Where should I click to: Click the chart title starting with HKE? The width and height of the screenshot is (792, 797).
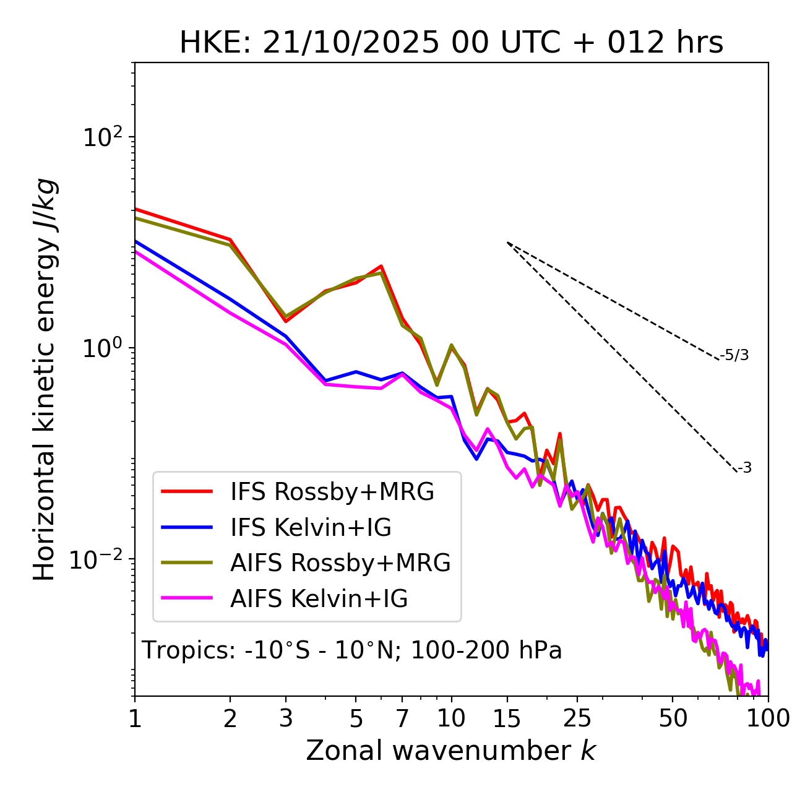[451, 43]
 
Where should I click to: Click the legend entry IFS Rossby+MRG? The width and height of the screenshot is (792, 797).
[332, 492]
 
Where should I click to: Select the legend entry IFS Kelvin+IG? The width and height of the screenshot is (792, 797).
[311, 528]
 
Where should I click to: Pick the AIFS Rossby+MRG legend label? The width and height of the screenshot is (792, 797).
[340, 563]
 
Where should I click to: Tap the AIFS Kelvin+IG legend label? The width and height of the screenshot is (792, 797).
[319, 599]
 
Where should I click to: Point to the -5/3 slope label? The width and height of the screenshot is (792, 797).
[734, 355]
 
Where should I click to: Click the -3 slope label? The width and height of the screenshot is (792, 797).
[744, 468]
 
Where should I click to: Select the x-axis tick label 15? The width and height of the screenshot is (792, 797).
[507, 718]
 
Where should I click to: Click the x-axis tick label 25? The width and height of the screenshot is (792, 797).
[577, 718]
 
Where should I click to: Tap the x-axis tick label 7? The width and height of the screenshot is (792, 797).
[402, 718]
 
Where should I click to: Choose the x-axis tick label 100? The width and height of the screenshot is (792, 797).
[768, 718]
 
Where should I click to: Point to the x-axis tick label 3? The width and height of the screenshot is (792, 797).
[286, 718]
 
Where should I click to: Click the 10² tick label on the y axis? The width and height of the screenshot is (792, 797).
[103, 137]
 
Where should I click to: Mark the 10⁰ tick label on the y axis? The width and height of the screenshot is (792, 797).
[103, 348]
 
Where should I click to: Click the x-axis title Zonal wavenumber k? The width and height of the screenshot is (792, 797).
[451, 751]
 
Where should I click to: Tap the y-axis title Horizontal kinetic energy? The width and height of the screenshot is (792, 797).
[45, 379]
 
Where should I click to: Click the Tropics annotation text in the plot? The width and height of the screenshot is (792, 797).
[352, 650]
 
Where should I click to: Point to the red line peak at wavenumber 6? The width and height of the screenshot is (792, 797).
[381, 266]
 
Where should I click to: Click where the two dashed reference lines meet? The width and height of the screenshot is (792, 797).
[507, 243]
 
